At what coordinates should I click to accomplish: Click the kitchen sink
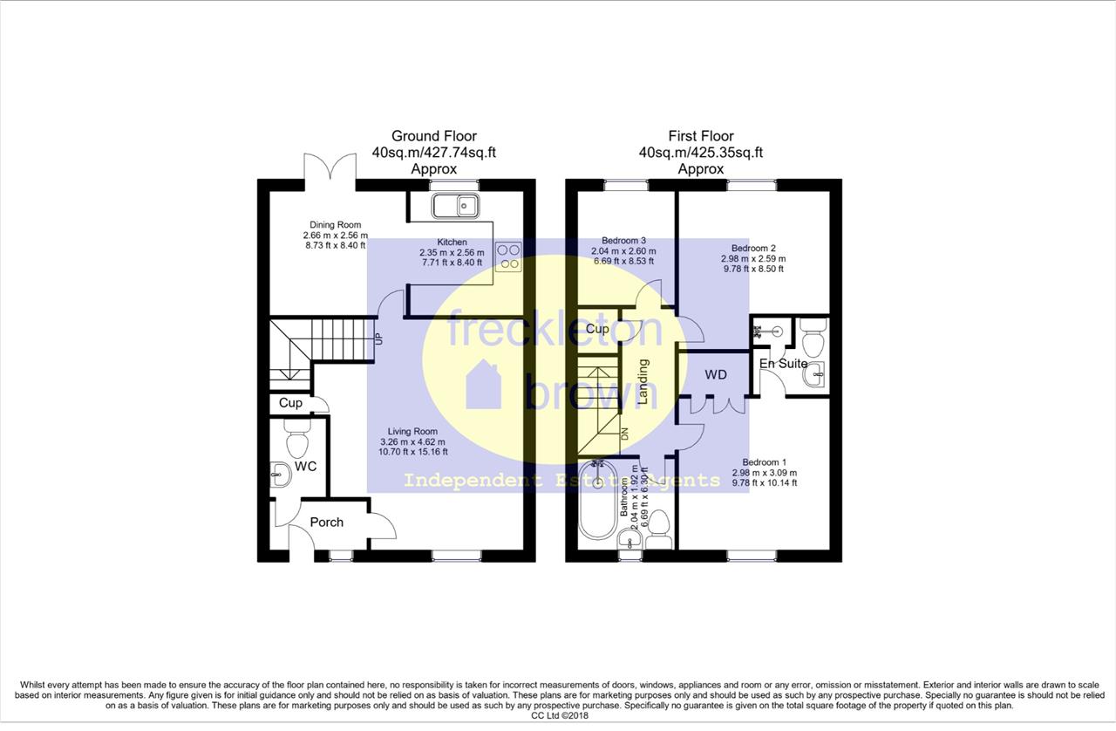tap(456, 206)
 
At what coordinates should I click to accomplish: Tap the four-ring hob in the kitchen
tap(508, 256)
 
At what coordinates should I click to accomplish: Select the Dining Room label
tap(336, 225)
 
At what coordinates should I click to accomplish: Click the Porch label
tap(327, 522)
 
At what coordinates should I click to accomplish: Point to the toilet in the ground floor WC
tap(298, 438)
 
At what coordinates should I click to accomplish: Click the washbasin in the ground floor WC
tap(281, 475)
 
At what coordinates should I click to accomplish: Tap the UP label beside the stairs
tap(379, 339)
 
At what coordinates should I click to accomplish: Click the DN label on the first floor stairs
tap(625, 434)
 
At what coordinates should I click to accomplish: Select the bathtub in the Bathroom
tap(597, 499)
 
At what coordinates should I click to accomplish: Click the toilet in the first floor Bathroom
tap(659, 529)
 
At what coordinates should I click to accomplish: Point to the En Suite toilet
tap(814, 338)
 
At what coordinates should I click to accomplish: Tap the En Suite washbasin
tap(814, 374)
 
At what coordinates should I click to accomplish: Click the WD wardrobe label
tap(716, 374)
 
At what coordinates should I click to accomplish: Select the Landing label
tap(643, 381)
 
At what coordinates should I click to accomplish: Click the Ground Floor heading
tap(434, 136)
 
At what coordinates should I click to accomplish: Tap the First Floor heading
tap(701, 136)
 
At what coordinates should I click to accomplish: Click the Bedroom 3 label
tap(623, 241)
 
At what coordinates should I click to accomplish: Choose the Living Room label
tap(412, 432)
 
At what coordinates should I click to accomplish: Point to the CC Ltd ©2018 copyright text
tap(560, 716)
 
